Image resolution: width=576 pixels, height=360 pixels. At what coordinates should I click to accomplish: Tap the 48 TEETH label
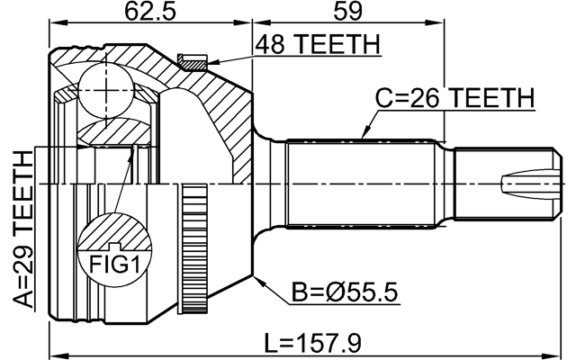pos(317,45)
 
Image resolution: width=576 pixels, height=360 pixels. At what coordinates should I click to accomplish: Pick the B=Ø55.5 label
pos(346,292)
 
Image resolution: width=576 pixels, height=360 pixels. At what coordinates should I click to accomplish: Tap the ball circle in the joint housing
pos(105,90)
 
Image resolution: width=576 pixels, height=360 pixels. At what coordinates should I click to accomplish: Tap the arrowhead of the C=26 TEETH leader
pos(362,137)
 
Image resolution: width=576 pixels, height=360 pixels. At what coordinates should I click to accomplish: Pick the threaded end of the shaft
pos(499,184)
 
